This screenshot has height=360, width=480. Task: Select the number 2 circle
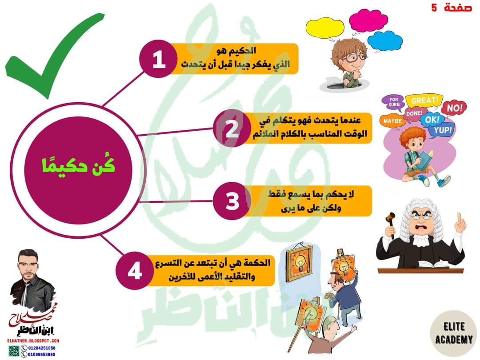(x=232, y=129)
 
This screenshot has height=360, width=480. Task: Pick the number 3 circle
(x=232, y=201)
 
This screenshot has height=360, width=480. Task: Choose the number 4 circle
(x=135, y=271)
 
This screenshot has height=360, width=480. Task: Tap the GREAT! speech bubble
(x=424, y=100)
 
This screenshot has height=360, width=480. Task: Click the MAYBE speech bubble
(x=392, y=120)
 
